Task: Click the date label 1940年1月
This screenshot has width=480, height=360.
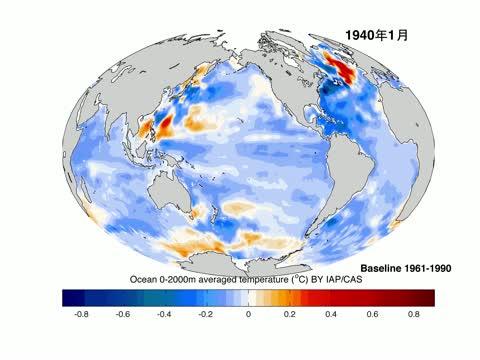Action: [x=377, y=35]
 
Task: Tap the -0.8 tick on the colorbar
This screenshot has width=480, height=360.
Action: [x=82, y=313]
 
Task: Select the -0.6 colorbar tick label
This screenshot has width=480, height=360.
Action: [x=124, y=313]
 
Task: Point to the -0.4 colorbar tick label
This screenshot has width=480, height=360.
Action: [x=165, y=313]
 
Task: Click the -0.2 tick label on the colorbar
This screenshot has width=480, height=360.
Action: [x=207, y=313]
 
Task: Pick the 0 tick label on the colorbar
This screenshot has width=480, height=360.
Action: [x=249, y=313]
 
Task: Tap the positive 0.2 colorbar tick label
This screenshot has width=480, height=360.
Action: [x=289, y=313]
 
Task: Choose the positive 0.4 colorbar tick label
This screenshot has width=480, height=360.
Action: [x=331, y=313]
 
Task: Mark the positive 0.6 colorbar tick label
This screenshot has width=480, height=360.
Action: [x=372, y=313]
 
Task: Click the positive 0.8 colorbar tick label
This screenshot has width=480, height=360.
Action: [x=414, y=313]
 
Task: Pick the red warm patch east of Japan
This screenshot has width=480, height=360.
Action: [x=160, y=125]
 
